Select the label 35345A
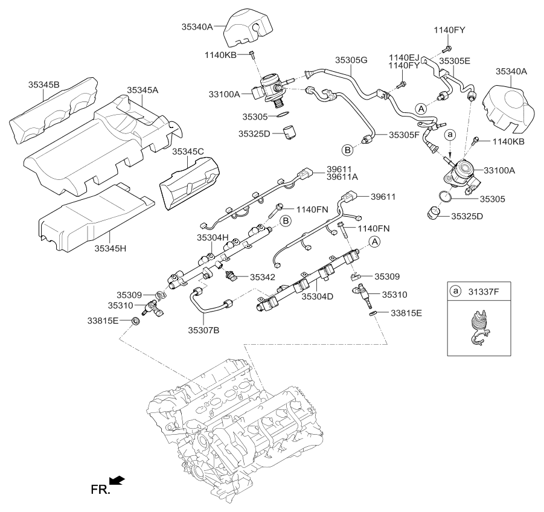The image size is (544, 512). point(142,89)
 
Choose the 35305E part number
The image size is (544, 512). point(455,61)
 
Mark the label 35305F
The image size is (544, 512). point(404,136)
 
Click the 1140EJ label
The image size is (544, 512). point(403,57)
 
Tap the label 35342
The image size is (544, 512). point(263,277)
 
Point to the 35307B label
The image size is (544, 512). point(203,330)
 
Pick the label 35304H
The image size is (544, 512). point(213,238)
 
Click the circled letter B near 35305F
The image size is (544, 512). point(348,149)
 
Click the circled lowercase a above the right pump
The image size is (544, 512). point(449,136)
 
